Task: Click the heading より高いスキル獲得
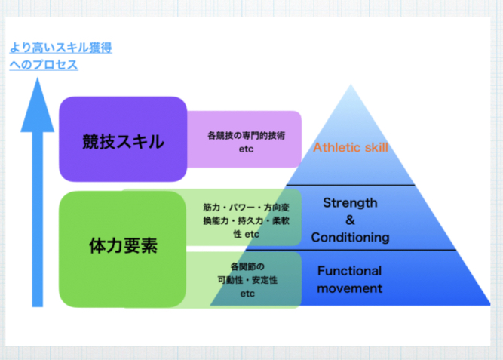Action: click(61, 49)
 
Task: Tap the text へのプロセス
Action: click(44, 65)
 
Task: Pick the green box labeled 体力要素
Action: click(123, 247)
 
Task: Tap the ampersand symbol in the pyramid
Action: click(349, 220)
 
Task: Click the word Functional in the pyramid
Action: click(349, 270)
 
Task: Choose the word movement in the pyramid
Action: click(349, 288)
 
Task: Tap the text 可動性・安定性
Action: click(248, 280)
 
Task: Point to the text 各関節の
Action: click(248, 266)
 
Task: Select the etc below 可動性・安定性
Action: click(248, 294)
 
